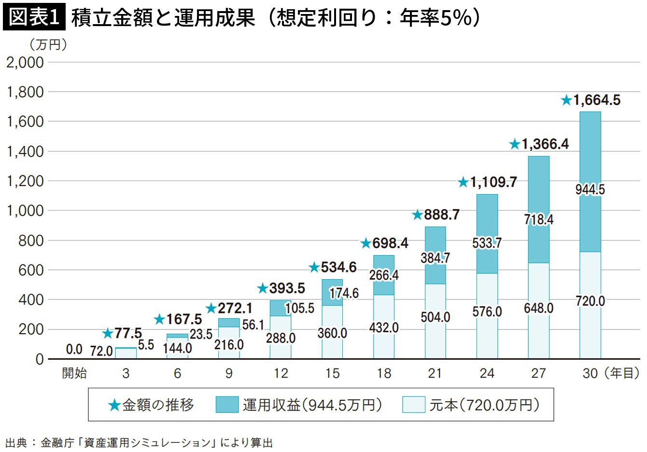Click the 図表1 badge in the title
tap(33, 18)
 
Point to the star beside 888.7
tap(418, 215)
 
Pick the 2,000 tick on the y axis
tap(25, 62)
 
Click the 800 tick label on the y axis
tap(31, 240)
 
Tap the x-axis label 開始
tap(74, 373)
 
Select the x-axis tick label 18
tap(384, 373)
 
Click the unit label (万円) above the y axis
tap(48, 45)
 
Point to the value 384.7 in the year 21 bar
tap(435, 258)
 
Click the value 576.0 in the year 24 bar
tap(487, 311)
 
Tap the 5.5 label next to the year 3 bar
tap(146, 345)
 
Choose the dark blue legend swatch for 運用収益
tap(227, 405)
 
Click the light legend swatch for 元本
tap(414, 405)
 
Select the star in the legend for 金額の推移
tap(114, 405)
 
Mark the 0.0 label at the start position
tap(74, 349)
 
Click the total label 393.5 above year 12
tap(287, 288)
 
